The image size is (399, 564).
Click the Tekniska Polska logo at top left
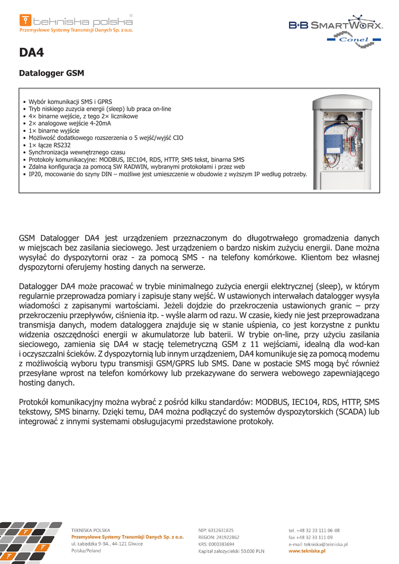coord(76,23)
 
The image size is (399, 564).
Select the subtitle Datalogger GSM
coord(51,73)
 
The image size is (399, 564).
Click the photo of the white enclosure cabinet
coord(341,142)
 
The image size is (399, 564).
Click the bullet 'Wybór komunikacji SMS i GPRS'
coord(70,102)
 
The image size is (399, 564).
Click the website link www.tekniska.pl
coord(307,551)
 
